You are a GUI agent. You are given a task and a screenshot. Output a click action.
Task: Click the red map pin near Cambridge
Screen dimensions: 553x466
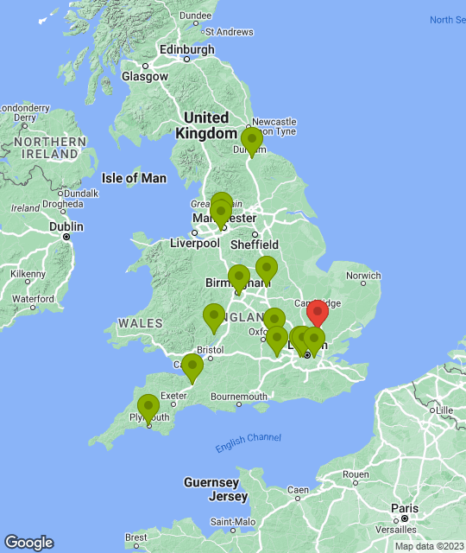tap(318, 313)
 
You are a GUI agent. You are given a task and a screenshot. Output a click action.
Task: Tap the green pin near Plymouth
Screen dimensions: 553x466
tap(148, 408)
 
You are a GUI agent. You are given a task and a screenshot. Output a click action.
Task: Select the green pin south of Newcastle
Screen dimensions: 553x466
tap(251, 140)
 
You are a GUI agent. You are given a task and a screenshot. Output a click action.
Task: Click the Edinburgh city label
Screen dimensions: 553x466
tap(186, 50)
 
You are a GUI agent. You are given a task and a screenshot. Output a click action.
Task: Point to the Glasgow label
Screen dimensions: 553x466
tap(145, 76)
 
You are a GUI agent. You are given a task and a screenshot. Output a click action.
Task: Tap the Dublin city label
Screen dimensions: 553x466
tap(66, 226)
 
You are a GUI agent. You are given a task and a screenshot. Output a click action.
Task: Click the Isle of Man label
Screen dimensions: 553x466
tap(133, 178)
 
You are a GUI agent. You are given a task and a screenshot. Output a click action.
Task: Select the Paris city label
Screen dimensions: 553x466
tap(402, 508)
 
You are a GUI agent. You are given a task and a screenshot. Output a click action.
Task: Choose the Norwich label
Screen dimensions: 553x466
tap(362, 276)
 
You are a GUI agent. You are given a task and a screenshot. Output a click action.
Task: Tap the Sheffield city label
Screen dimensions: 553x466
tap(255, 244)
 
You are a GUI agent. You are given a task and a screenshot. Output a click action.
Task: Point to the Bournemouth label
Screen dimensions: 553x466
tap(237, 397)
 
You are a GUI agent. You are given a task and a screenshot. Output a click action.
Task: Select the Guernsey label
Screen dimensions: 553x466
tap(211, 482)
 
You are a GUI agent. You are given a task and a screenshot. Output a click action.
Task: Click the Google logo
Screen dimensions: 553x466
tap(28, 543)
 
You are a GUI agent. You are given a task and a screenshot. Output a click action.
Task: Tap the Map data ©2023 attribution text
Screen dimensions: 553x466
tap(429, 546)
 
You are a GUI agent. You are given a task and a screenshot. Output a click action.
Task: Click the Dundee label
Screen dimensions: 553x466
tap(195, 15)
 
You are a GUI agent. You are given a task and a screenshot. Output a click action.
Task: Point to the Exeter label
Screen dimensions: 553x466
tap(173, 397)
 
